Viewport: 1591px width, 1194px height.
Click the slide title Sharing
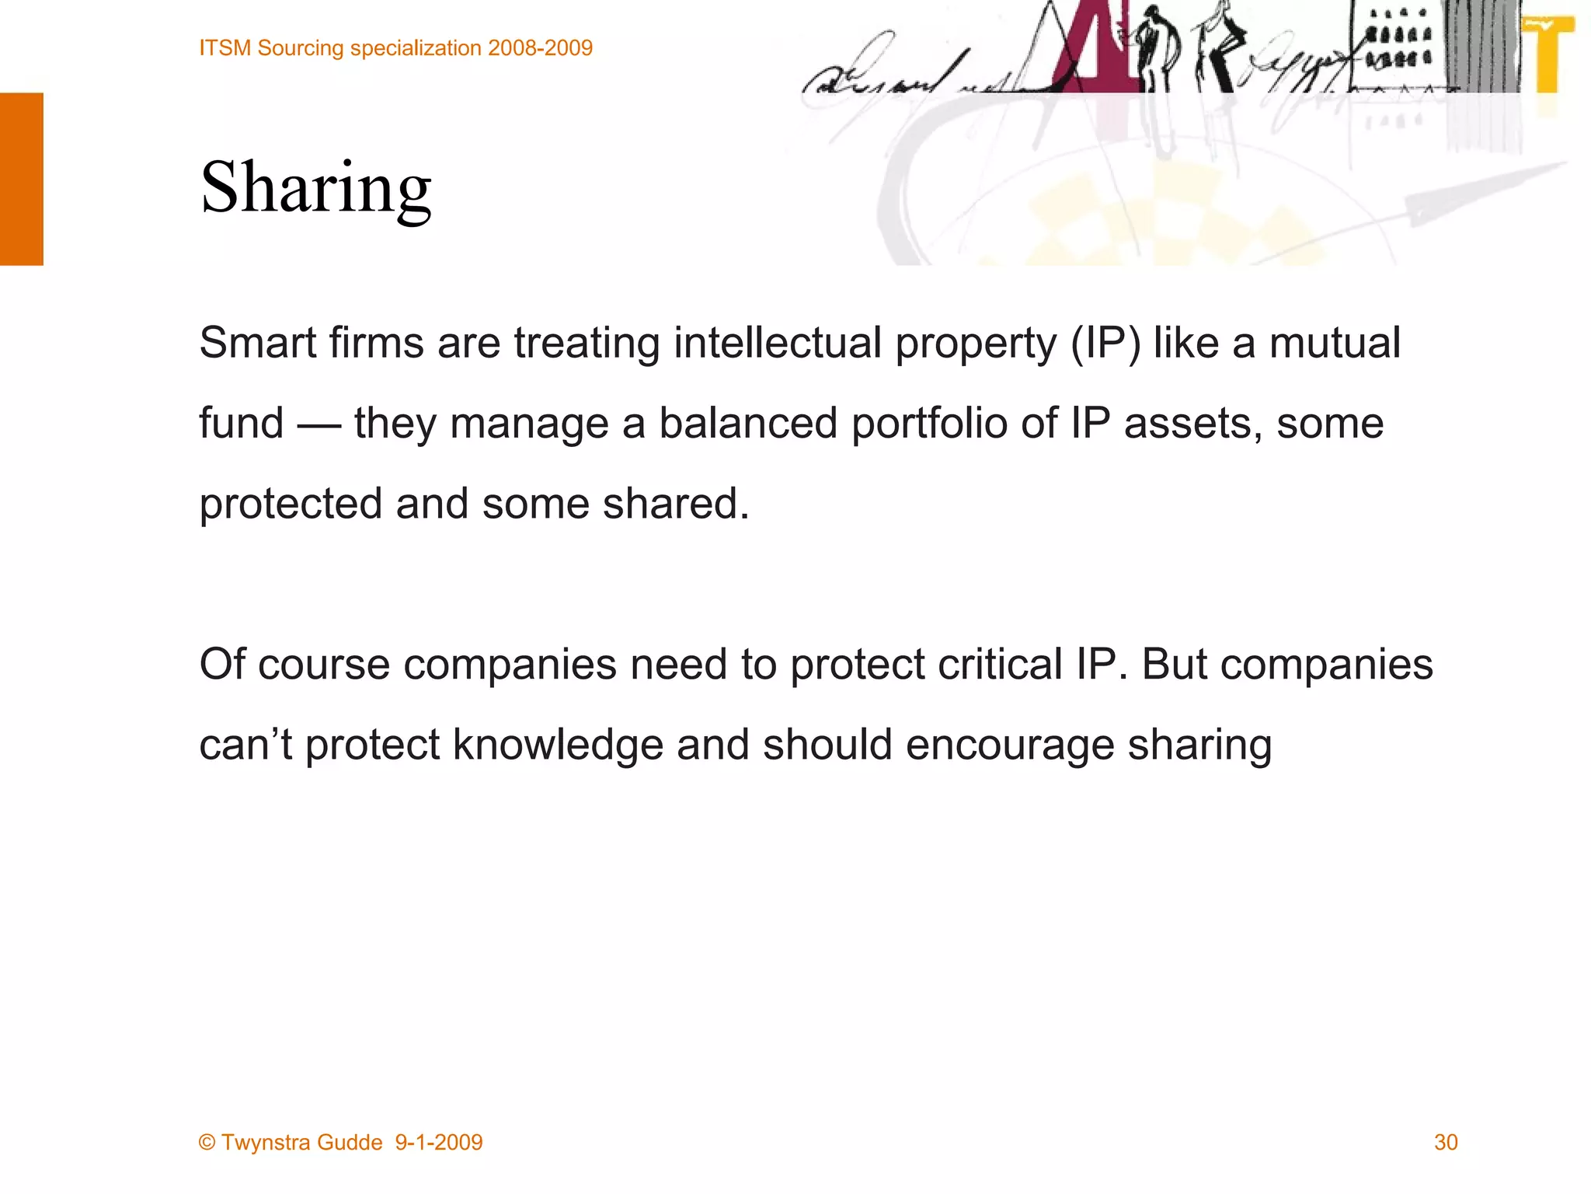315,189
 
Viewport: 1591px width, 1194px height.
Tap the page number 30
1445,1142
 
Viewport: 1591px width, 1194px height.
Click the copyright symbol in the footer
207,1142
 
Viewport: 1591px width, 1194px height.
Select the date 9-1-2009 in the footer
439,1142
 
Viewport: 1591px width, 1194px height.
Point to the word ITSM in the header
225,48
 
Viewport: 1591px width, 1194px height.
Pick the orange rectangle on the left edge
21,179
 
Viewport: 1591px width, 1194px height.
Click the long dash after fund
319,424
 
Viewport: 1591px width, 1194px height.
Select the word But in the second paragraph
1174,665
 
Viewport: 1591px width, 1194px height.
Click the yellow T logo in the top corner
1549,54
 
